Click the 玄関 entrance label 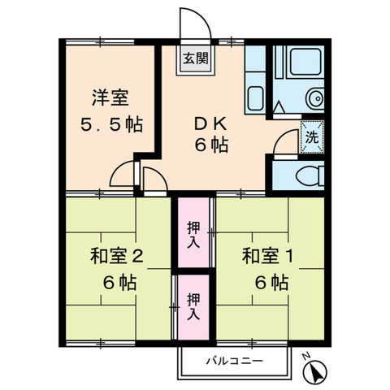(195, 58)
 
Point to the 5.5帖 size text (110, 126)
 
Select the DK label (208, 124)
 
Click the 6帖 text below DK (210, 147)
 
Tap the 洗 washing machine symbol (311, 136)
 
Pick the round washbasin (312, 99)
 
